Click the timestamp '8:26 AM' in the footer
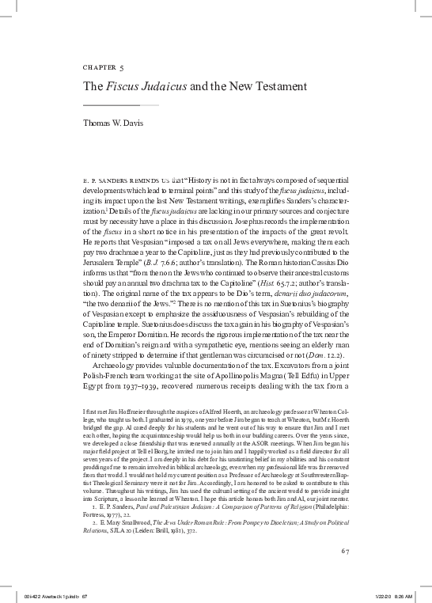(x=404, y=594)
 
